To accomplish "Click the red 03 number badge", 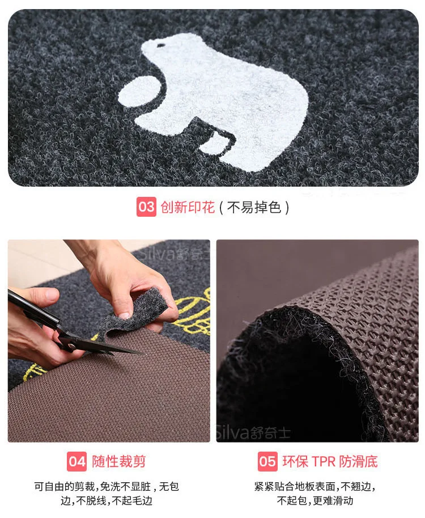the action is coord(146,207).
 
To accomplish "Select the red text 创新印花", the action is coord(188,207).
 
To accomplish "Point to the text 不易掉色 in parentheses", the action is coord(254,207).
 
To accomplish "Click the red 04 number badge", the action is coord(77,461).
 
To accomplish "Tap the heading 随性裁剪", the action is coord(118,461).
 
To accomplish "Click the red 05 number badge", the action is coord(267,461).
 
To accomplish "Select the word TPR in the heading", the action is coord(323,461).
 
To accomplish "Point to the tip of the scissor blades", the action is coord(143,354).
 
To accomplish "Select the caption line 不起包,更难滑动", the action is coord(315,500).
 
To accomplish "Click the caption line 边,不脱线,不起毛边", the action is coord(107,500).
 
